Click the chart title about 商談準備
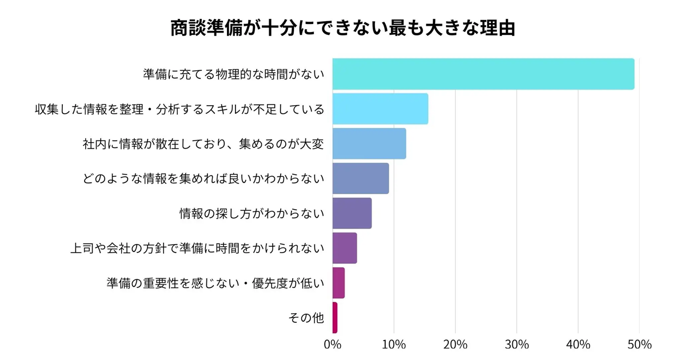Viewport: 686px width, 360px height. coord(343,28)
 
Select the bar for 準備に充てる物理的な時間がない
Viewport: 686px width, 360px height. coord(483,74)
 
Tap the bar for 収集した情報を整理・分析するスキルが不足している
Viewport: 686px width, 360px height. coord(380,109)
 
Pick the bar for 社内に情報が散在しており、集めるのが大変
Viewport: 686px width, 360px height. coord(369,143)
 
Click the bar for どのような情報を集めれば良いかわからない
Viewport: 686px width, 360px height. coord(360,178)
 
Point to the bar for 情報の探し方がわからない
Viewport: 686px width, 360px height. coord(352,213)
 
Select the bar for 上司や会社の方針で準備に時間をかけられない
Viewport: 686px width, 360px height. coord(344,248)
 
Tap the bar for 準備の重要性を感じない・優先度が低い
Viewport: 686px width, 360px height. coord(338,283)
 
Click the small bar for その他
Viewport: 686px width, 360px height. coord(335,318)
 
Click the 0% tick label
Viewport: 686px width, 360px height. coord(332,345)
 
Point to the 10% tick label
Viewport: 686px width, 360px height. coord(394,345)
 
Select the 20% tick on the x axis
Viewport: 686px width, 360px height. coord(455,345)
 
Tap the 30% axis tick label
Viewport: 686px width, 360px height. coord(517,345)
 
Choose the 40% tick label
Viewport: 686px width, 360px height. coord(578,345)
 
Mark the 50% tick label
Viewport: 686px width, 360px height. coord(639,345)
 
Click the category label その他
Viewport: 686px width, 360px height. coord(307,318)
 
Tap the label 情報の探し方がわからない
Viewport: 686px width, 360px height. coord(252,214)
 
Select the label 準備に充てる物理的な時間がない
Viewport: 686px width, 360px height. coord(233,74)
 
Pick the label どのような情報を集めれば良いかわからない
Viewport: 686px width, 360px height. coord(204,179)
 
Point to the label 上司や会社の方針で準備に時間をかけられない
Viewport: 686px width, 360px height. coord(197,249)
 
